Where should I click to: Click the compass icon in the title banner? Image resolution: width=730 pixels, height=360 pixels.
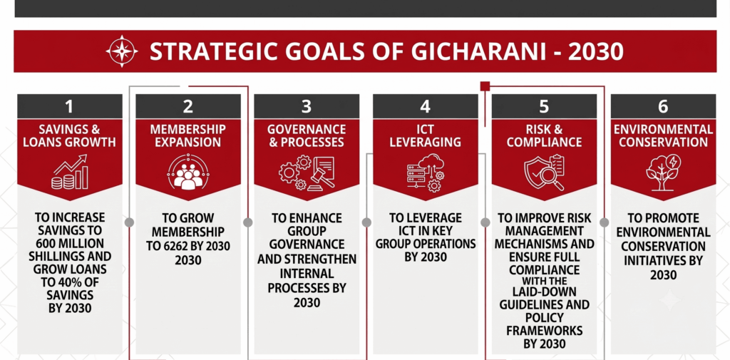[122, 51]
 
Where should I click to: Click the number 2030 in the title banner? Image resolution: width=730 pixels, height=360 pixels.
[597, 52]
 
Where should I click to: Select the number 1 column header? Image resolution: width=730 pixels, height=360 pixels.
[70, 107]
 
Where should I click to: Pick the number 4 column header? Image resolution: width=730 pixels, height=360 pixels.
[426, 107]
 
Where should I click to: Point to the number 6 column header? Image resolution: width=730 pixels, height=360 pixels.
[663, 107]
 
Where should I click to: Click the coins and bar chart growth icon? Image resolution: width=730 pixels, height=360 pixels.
[70, 172]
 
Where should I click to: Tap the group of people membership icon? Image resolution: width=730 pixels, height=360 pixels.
[188, 172]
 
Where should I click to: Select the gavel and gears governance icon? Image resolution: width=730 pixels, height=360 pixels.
[307, 172]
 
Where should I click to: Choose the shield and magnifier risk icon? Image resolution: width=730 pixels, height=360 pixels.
[544, 173]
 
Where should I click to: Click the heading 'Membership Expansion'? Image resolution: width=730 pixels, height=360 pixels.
[188, 135]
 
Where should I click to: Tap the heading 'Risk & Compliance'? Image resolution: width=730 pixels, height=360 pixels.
[544, 135]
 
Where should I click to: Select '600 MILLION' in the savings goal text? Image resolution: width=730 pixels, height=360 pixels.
[70, 243]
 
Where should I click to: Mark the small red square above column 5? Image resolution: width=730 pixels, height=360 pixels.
[485, 86]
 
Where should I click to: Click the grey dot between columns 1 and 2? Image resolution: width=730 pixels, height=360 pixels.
[130, 222]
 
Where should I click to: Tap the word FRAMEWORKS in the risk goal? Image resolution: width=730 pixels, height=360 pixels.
[544, 331]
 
